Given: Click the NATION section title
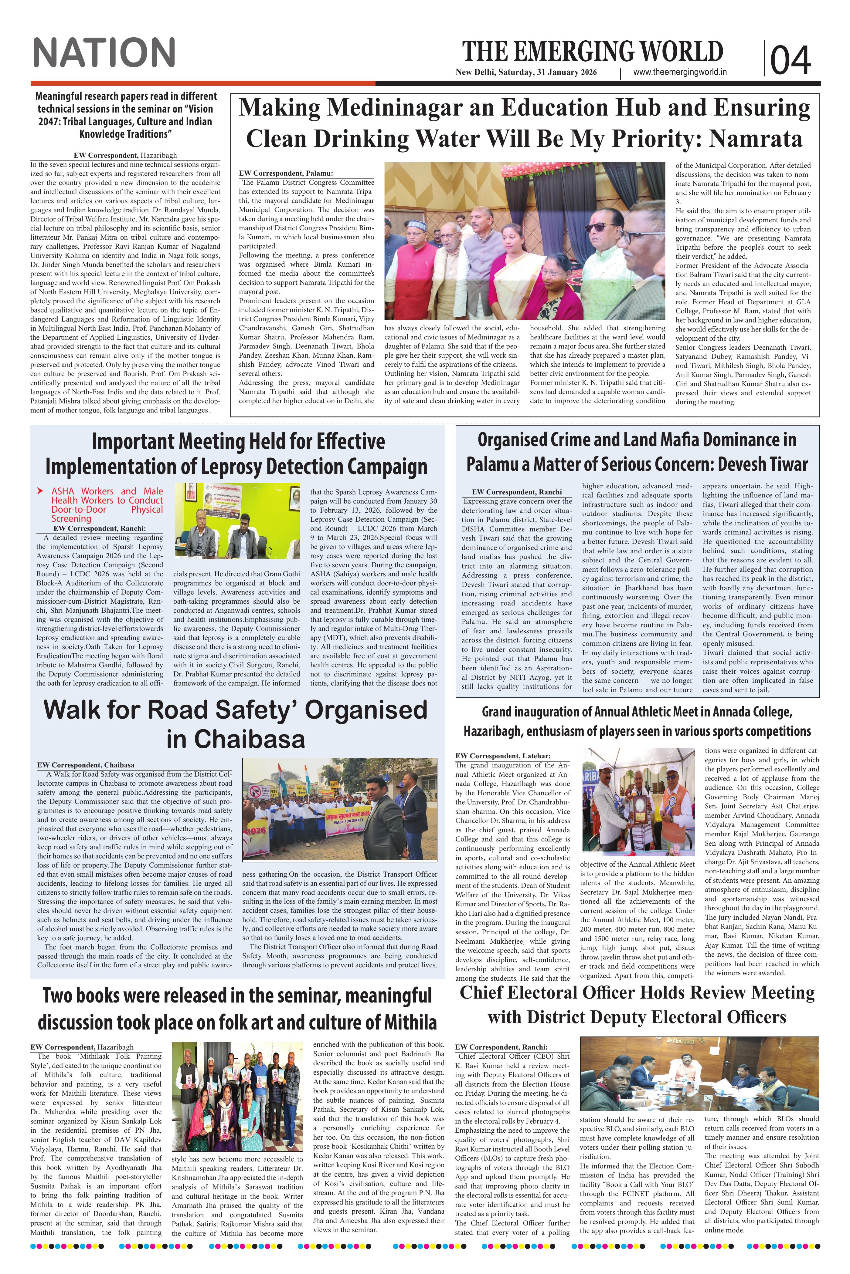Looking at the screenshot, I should pyautogui.click(x=104, y=53).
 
